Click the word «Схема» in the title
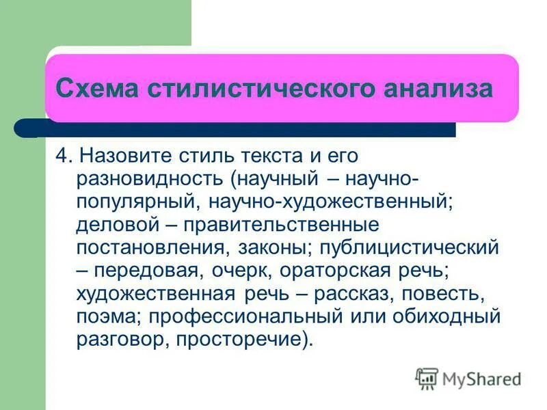tap(95, 89)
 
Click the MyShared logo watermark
tap(468, 378)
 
